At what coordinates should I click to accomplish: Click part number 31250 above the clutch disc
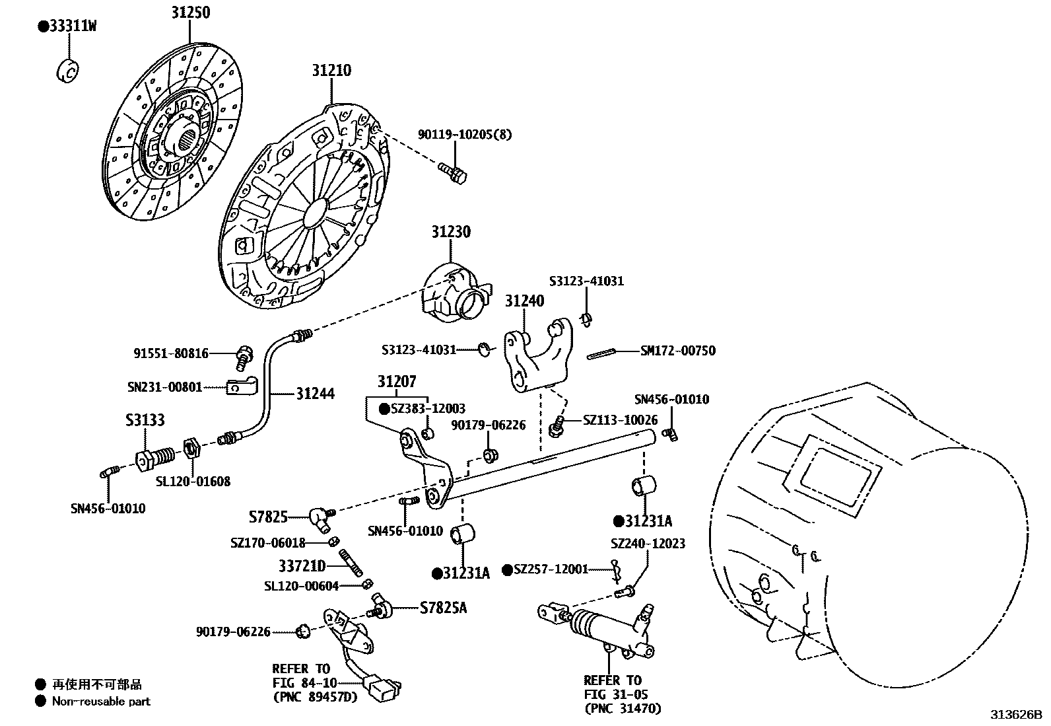pos(191,12)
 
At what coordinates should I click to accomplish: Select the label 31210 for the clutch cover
pos(331,71)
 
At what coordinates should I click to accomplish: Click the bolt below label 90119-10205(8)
pos(453,173)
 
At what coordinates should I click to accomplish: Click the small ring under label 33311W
pos(67,71)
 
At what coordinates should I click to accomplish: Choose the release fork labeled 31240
pos(538,355)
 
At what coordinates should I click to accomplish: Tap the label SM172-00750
pos(678,351)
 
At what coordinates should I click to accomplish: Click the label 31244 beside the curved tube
pos(316,394)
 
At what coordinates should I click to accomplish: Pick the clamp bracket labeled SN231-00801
pos(242,386)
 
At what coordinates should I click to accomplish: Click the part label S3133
pos(145,420)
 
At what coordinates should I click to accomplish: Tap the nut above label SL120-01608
pos(191,449)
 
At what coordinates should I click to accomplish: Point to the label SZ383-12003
pos(428,408)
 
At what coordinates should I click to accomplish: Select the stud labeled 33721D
pos(351,563)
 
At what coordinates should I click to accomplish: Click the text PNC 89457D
pos(316,697)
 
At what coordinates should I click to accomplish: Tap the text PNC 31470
pos(623,708)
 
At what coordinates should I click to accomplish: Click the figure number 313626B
pos(1016,714)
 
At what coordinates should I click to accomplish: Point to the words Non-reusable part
pos(101,701)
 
